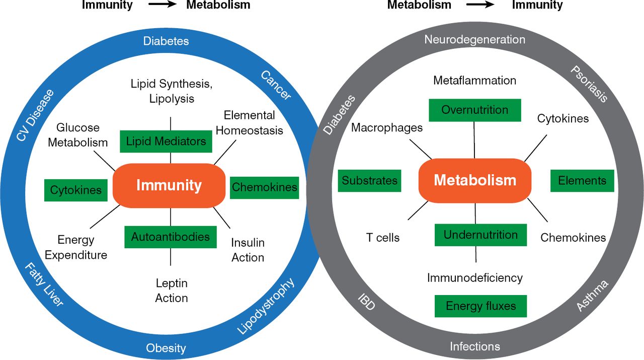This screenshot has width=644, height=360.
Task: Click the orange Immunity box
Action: [169, 186]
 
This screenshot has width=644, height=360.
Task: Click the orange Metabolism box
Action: [475, 180]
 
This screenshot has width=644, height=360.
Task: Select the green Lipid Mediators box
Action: [166, 141]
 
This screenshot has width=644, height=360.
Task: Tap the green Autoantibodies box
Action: [171, 237]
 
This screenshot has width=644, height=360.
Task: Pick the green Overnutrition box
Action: [474, 110]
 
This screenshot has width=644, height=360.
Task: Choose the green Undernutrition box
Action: [480, 235]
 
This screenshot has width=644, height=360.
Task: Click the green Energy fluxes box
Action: [480, 306]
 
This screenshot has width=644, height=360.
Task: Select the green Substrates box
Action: [370, 180]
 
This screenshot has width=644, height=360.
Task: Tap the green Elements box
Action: [582, 180]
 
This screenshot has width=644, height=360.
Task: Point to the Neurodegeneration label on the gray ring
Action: [474, 39]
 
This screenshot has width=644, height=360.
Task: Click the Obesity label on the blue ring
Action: [166, 348]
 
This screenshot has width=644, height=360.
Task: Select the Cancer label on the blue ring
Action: [276, 85]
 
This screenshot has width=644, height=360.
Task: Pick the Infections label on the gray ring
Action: [475, 346]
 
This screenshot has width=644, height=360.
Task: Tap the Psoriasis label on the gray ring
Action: [589, 83]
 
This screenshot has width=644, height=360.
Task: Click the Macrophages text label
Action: [387, 128]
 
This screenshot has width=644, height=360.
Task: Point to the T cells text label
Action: [383, 238]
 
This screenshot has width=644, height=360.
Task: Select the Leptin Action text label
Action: [172, 291]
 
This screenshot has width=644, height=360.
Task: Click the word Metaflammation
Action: [474, 81]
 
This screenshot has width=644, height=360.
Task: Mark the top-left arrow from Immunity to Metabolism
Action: [159, 6]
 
